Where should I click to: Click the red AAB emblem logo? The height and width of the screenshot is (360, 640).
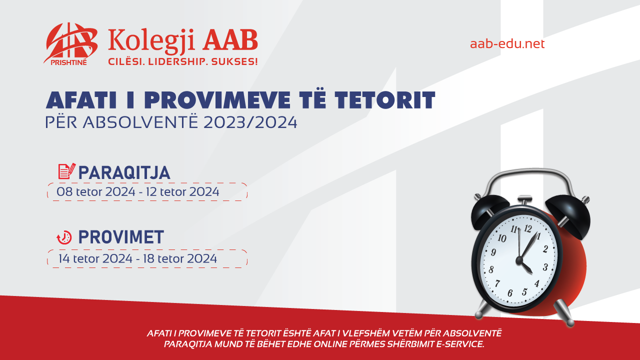(x=70, y=43)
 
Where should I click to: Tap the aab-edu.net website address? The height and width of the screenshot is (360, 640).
(x=507, y=43)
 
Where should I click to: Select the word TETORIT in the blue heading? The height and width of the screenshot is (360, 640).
(x=385, y=100)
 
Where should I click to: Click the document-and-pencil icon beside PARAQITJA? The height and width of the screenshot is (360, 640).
(x=67, y=171)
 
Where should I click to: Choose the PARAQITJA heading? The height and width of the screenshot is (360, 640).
(x=124, y=172)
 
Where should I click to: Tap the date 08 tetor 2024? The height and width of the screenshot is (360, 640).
(x=95, y=191)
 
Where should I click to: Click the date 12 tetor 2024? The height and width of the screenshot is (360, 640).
(x=182, y=191)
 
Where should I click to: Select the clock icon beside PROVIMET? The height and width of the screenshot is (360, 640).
(x=64, y=237)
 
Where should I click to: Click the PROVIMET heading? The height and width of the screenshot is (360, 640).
(x=121, y=237)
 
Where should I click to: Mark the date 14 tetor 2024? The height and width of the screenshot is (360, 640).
(x=95, y=258)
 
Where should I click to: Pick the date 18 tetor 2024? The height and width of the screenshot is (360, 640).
(x=180, y=258)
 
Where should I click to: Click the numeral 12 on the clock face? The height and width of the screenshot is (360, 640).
(x=527, y=228)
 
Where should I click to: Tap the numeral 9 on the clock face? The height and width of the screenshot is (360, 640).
(x=493, y=252)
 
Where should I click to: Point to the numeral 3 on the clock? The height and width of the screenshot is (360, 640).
(x=545, y=267)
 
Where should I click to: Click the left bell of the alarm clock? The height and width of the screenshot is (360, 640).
(x=489, y=211)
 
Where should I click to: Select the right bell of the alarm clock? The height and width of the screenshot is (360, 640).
(x=568, y=215)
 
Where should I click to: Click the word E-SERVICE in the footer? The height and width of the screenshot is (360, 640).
(x=460, y=344)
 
